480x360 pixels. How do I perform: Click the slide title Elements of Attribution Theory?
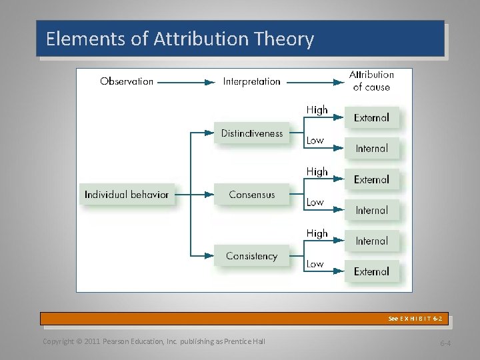[x=180, y=39]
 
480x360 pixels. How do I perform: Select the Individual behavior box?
[x=127, y=195]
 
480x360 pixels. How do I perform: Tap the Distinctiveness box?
[x=252, y=133]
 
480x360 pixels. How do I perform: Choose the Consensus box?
[x=251, y=195]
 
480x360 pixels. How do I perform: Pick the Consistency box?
[x=251, y=256]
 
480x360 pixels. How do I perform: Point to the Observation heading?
[x=127, y=81]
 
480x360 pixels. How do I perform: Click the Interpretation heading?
[x=251, y=81]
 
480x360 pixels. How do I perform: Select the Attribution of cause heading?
[x=371, y=81]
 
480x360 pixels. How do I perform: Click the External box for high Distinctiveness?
[x=371, y=118]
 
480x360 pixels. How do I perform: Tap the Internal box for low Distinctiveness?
[x=371, y=149]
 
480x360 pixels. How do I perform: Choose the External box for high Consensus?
[x=371, y=179]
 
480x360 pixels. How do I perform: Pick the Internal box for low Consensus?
[x=371, y=210]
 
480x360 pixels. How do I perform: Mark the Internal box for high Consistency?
[x=371, y=241]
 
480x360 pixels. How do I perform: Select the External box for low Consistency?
[x=371, y=271]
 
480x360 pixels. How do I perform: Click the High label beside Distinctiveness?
[x=317, y=110]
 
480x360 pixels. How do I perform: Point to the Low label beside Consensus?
[x=315, y=202]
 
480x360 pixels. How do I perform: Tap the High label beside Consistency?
[x=317, y=233]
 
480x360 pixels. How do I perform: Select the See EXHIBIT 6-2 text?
[x=415, y=319]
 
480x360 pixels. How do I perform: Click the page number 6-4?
[x=445, y=343]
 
